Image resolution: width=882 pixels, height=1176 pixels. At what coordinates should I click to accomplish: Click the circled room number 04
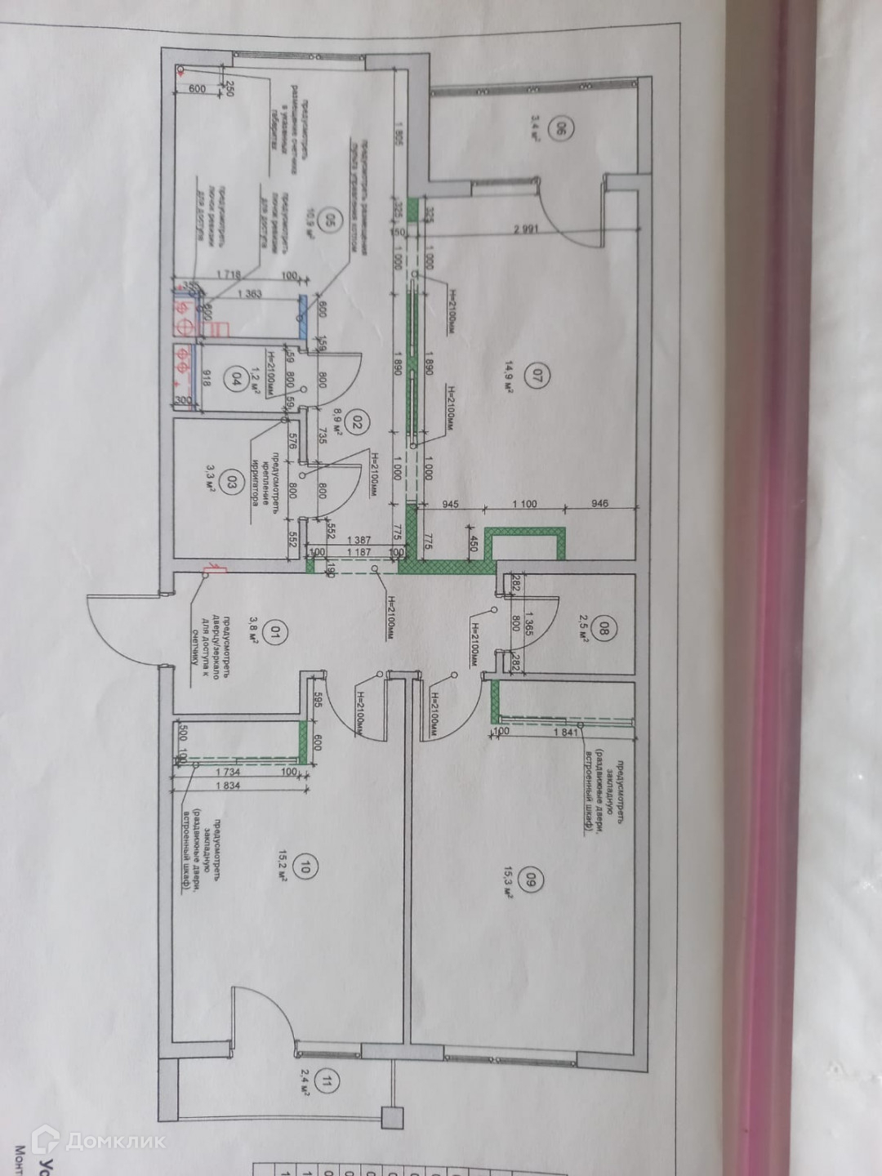pyautogui.click(x=237, y=379)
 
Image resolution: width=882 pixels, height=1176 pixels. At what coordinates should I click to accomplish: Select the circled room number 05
pyautogui.click(x=331, y=220)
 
